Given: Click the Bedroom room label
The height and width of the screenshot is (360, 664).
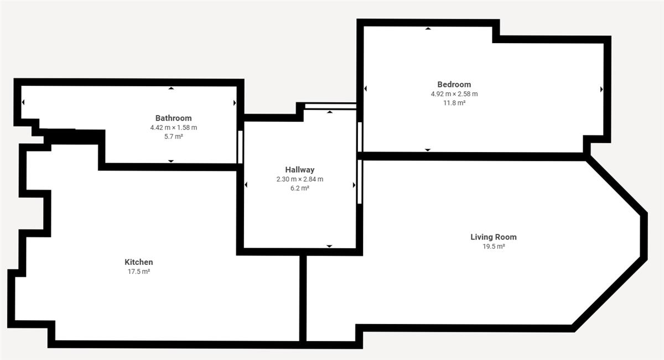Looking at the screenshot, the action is coord(454,85).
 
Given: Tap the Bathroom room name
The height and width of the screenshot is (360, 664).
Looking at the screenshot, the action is coord(173,118).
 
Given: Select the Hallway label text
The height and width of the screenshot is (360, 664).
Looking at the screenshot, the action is coord(300,170).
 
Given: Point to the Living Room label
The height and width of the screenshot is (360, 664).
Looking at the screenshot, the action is coord(494,237).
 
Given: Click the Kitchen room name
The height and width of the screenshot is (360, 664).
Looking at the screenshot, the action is coord(139,262).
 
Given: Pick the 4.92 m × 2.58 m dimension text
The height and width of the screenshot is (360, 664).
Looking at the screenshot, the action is coord(454,94).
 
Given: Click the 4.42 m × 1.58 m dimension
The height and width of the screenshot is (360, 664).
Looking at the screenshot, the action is coord(173,127).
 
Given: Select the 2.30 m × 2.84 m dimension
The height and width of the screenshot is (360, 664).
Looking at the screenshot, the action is coord(300,179).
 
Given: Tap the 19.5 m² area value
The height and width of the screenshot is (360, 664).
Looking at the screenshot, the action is coord(494,246).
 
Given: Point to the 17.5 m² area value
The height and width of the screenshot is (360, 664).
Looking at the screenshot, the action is coord(139,272).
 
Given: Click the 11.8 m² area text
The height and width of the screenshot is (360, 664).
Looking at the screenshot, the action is coord(454,103).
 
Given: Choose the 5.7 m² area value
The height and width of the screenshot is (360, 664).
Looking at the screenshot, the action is coord(173,137).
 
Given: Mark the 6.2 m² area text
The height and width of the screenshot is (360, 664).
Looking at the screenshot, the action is coord(300,188).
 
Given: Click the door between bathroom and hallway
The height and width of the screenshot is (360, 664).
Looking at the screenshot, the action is coord(240,147).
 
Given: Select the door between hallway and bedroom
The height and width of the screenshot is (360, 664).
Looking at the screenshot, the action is coord(360,137).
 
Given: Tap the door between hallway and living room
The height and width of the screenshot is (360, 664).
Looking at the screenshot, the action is coord(360,181).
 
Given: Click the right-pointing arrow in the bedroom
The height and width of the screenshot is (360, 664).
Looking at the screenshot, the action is coord(601,89).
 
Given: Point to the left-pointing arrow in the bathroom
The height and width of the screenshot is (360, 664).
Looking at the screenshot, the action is coord(23,102).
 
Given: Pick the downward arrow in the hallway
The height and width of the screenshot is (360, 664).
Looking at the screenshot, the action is coord(329,246).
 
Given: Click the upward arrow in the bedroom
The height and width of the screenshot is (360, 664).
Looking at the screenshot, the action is coord(428,28).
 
